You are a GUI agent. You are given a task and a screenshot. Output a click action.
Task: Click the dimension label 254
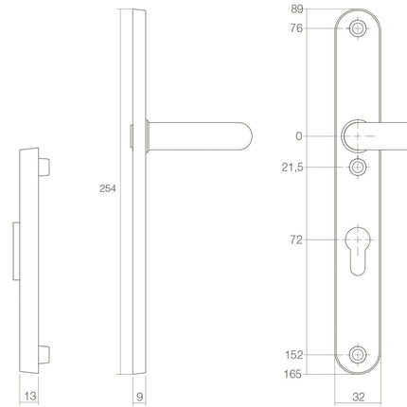click(108, 189)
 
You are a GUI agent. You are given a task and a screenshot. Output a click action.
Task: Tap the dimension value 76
click(295, 28)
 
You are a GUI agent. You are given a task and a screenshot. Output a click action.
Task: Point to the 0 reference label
click(299, 136)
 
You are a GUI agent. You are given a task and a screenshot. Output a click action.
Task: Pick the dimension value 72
click(295, 240)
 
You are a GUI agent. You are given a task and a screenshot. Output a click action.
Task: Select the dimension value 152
click(292, 355)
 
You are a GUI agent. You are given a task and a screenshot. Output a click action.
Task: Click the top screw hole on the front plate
click(357, 28)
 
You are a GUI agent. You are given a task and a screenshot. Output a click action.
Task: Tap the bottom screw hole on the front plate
click(357, 355)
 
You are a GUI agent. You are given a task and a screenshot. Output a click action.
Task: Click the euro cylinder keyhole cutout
click(357, 248)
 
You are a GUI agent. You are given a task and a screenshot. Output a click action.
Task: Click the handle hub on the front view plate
click(357, 135)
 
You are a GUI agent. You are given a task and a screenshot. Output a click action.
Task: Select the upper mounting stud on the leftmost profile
click(44, 168)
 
